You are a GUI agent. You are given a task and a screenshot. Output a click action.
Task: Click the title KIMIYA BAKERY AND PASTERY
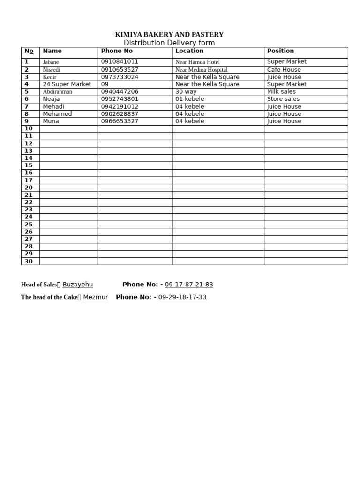[169, 35]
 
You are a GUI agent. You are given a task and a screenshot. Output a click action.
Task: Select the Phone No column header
[117, 51]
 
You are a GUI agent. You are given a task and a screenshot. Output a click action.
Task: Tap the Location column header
[189, 51]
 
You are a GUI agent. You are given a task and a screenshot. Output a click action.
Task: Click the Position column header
[280, 51]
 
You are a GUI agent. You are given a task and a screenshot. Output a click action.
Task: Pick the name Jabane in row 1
[51, 62]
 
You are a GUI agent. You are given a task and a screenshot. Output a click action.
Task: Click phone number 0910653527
[120, 70]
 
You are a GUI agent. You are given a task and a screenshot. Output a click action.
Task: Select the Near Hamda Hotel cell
[197, 62]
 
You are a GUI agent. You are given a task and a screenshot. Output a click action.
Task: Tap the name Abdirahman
[58, 92]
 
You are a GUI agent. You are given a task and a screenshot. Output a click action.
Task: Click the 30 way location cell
[186, 92]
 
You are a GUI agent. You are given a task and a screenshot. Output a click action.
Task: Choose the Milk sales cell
[281, 92]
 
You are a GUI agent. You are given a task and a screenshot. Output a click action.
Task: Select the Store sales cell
[283, 99]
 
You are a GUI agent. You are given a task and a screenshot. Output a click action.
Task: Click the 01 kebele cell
[189, 99]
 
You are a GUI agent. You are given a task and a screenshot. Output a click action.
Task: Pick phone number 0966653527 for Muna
[120, 121]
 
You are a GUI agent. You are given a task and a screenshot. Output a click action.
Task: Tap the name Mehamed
[57, 114]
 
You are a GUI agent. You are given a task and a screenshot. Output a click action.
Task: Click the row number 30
[29, 261]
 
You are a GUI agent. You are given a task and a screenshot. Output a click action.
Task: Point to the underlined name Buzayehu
[77, 285]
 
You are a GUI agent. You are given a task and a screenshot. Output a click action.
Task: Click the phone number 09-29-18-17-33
[182, 297]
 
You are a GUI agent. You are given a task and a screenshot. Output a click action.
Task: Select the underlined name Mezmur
[96, 297]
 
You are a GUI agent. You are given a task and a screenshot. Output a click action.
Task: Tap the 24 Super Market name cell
[67, 84]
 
